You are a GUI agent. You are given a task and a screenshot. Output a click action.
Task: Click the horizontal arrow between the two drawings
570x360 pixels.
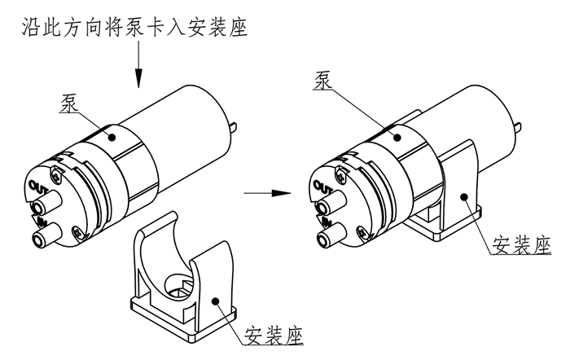(x=268, y=194)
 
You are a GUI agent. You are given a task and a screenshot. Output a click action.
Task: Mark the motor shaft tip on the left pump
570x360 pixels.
(x=235, y=125)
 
